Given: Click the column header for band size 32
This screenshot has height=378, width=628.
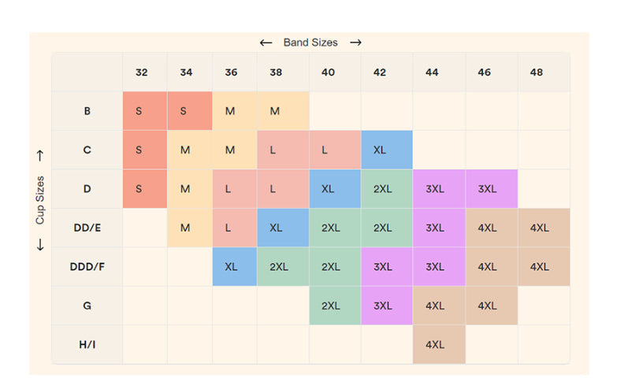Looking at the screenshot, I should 141,72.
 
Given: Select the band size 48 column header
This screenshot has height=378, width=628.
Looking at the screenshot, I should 536,72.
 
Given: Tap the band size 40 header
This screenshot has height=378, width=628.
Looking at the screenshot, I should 328,72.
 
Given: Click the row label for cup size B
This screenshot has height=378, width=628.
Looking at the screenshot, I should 87,111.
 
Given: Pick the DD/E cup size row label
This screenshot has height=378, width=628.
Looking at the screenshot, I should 87,228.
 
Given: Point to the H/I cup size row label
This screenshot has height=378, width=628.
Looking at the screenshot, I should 87,344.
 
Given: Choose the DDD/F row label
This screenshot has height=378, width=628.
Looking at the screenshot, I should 87,267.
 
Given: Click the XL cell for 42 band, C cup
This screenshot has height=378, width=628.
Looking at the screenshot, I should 379,150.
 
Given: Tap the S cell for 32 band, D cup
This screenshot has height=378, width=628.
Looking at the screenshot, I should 139,189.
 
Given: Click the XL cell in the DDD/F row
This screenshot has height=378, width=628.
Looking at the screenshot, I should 231,267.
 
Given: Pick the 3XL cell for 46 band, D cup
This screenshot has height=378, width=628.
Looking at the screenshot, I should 487,189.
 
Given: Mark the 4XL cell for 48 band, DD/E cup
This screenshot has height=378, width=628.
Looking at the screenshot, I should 539,228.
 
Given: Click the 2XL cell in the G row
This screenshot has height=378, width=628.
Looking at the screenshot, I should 331,306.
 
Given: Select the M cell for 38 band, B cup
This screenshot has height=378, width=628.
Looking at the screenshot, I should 275,111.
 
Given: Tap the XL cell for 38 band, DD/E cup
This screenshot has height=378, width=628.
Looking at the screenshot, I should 276,228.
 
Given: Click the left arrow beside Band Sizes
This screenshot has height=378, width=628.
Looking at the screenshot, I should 266,43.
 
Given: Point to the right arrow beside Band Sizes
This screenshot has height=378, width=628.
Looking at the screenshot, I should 355,43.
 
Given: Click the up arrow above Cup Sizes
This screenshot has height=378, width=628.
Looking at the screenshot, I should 40,156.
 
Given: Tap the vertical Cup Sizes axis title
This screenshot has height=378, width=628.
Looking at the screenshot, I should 40,200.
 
